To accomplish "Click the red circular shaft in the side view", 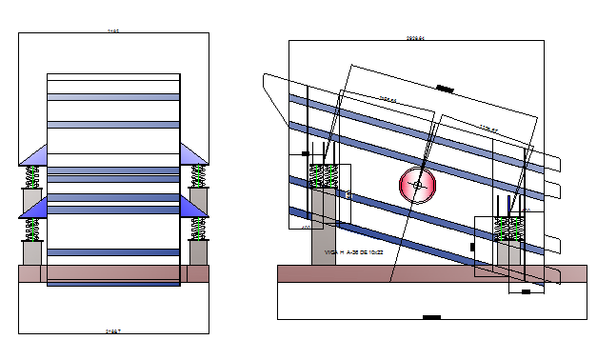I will pos(416,185).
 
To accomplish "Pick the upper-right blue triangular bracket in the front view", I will pos(194,154).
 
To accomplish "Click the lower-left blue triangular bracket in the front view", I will pos(33,208).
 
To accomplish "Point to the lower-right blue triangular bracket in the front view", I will pos(194,208).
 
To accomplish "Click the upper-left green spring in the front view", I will pos(31,176).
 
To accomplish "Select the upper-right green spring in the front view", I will pos(198,176).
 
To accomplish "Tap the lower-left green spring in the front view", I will pos(31,230).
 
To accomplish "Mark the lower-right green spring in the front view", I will pos(198,230).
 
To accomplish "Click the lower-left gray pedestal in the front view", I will pos(31,252).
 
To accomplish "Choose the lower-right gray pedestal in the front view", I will pos(198,252).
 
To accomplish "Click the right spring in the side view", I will pos(510,228).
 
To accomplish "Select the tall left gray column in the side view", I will pos(324,229).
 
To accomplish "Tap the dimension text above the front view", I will pos(113,31).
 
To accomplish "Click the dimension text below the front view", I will pos(113,331).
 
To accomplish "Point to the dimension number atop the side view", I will pos(414,38).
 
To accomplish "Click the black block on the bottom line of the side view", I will pos(430,317).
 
